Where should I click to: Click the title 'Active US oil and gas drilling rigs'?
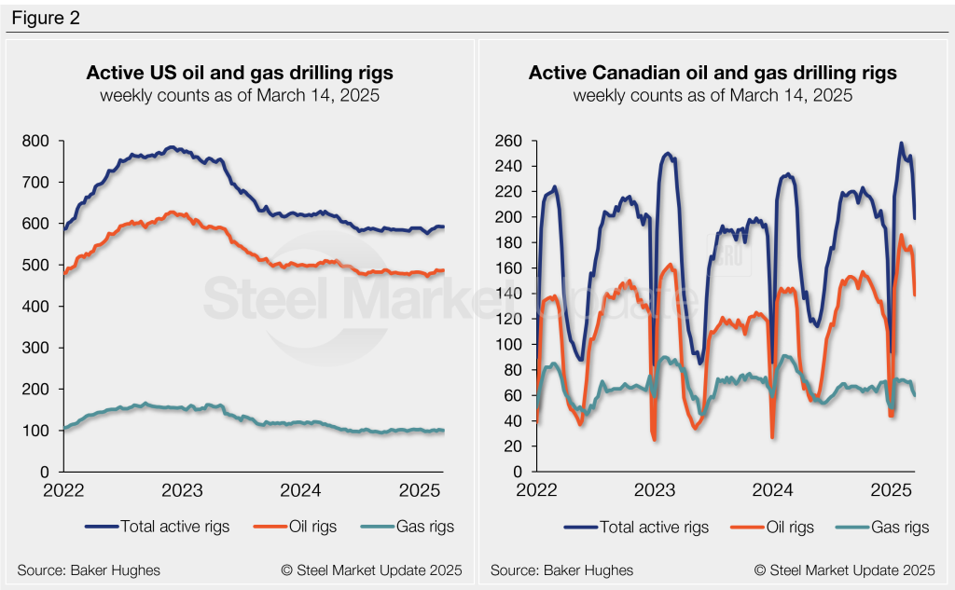(x=240, y=73)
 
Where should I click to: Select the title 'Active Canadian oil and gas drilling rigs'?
(x=713, y=73)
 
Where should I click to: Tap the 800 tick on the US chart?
(x=41, y=141)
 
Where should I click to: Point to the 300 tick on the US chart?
(x=41, y=348)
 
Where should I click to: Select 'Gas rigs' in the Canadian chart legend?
(x=897, y=528)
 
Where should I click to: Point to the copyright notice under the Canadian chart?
(x=844, y=569)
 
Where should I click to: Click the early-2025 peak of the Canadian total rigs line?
(x=901, y=144)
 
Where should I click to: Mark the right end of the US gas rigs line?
(x=442, y=431)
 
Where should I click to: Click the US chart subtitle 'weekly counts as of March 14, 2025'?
(x=240, y=95)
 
